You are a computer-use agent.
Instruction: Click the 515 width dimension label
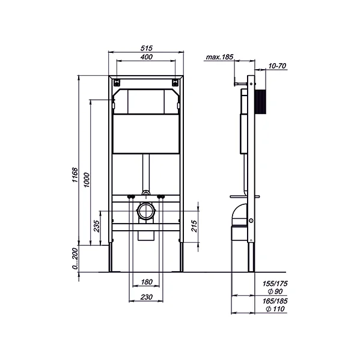tap(146, 48)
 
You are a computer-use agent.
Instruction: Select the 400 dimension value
tap(147, 56)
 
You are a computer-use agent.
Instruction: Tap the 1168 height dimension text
tap(75, 175)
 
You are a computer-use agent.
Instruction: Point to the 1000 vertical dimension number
tap(87, 180)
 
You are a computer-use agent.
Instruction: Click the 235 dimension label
tap(97, 226)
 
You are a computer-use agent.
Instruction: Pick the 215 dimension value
tap(194, 226)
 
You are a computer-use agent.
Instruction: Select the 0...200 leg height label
tap(75, 258)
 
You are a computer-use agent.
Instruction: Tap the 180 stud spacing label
tap(147, 282)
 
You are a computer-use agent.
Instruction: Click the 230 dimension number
tap(146, 297)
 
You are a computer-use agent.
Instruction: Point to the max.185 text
tap(219, 57)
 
